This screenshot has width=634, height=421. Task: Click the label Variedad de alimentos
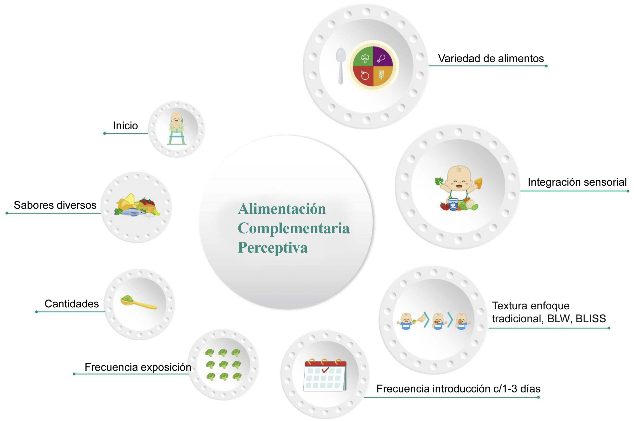tap(490, 59)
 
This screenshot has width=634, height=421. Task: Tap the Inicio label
tap(125, 126)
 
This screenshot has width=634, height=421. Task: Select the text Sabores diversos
tap(55, 205)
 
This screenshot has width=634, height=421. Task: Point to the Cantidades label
tap(72, 304)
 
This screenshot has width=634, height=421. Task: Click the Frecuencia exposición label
tap(138, 367)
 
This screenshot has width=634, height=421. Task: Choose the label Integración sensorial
tap(577, 182)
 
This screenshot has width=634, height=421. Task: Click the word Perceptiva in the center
tap(273, 247)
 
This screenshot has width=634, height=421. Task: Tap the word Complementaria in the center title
tap(293, 228)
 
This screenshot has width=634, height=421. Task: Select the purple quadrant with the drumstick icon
tap(383, 57)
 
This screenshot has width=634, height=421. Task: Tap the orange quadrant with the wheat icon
tap(382, 76)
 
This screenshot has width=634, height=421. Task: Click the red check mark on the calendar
tap(325, 370)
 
